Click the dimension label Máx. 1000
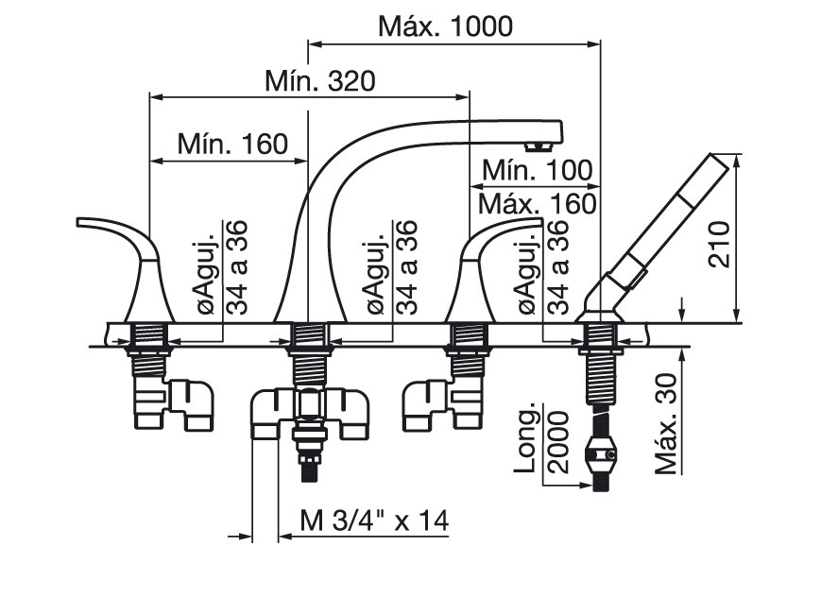pos(445,26)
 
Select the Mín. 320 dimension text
pos(320,81)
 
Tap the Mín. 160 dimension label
pos(232,144)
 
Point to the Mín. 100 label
pos(538,170)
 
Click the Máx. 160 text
pos(538,204)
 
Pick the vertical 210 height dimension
pos(719,245)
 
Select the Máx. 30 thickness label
pos(667,424)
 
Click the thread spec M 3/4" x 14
pos(374,521)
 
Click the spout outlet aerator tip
pos(539,145)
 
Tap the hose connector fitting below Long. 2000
pos(601,454)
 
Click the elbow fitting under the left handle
pos(174,404)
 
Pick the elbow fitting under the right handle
pos(442,404)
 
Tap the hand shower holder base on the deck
pos(600,316)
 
